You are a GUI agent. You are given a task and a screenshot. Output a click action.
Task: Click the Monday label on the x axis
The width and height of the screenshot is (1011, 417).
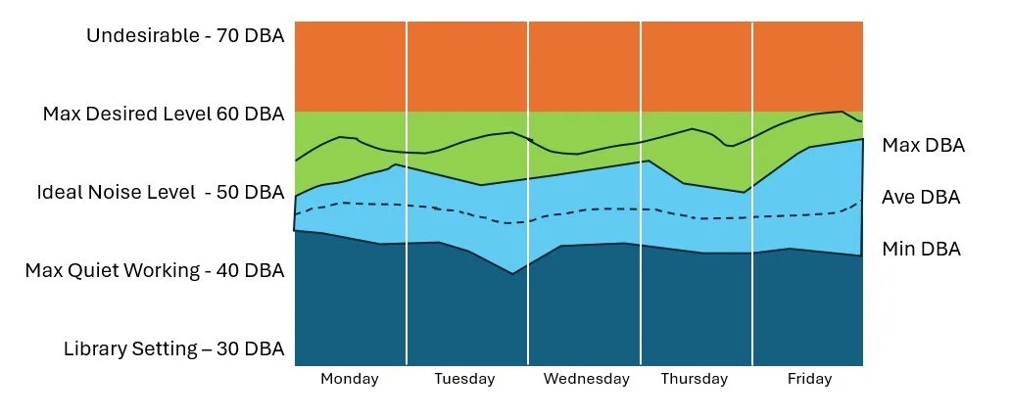pyautogui.click(x=350, y=379)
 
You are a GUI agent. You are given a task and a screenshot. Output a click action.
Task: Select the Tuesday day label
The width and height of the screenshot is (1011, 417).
pyautogui.click(x=464, y=379)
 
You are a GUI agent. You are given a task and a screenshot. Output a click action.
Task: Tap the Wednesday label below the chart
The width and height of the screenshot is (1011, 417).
pyautogui.click(x=586, y=379)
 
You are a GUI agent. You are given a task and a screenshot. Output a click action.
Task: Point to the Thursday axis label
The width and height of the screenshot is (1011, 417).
pyautogui.click(x=695, y=379)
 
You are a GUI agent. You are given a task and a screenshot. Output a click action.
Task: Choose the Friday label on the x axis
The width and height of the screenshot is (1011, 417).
pyautogui.click(x=809, y=379)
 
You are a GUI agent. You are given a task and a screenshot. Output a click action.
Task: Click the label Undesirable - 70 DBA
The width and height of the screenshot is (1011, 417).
pyautogui.click(x=185, y=36)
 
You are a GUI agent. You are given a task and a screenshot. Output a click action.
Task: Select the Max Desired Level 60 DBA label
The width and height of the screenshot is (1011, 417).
pyautogui.click(x=164, y=115)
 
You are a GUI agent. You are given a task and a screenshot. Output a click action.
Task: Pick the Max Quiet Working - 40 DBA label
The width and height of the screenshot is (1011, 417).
pyautogui.click(x=155, y=270)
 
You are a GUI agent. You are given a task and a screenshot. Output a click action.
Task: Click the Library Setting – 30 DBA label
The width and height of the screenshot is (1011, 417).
pyautogui.click(x=173, y=348)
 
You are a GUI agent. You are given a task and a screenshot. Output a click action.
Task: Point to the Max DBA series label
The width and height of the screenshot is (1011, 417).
pyautogui.click(x=923, y=146)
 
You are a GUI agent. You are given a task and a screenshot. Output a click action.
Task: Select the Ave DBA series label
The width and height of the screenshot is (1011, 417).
pyautogui.click(x=920, y=198)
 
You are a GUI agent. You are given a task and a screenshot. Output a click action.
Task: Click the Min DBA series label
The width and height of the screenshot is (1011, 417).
pyautogui.click(x=921, y=250)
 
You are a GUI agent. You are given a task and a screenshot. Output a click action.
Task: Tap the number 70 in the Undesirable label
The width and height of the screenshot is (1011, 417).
pyautogui.click(x=228, y=36)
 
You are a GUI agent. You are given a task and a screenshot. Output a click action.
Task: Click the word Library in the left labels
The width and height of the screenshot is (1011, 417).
pyautogui.click(x=95, y=348)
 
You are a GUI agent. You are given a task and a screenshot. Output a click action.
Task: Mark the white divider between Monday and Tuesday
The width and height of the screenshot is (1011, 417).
pyautogui.click(x=407, y=196)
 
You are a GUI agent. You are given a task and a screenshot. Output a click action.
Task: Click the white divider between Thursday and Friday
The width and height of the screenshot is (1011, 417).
pyautogui.click(x=752, y=196)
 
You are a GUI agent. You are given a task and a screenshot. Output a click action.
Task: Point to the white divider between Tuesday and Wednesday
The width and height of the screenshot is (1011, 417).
pyautogui.click(x=528, y=196)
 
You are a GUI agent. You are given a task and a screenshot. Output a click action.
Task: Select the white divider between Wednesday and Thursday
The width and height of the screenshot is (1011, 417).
pyautogui.click(x=641, y=196)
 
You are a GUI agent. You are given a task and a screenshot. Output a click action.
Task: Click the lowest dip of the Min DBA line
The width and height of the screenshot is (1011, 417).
pyautogui.click(x=512, y=273)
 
